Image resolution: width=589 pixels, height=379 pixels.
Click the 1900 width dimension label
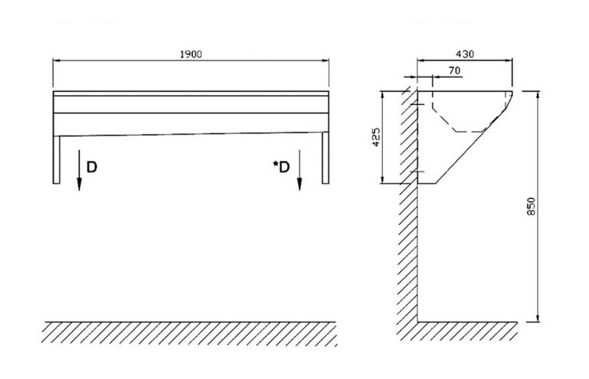pos(191,54)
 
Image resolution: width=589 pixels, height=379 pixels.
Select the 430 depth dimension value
pos(465,54)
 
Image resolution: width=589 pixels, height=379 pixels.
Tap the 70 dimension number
pos(454,70)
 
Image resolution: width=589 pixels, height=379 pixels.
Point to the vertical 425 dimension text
pos(376,137)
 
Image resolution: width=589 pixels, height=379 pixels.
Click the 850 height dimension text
pos(531,206)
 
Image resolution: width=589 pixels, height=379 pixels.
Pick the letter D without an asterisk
pos(92,167)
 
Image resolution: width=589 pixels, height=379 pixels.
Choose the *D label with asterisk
pos(281,167)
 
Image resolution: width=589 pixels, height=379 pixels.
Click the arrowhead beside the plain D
pos(79,184)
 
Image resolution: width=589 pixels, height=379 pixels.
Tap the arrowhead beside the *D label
pos(299,184)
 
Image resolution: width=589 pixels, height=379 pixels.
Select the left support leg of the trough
pos(57,159)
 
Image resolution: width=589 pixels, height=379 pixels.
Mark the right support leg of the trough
pos(326,158)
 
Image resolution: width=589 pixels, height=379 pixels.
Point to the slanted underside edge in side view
pos(473,146)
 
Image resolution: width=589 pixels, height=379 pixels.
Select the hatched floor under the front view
pos(189,333)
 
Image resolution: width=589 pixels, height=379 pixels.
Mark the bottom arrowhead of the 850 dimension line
pos(538,318)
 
